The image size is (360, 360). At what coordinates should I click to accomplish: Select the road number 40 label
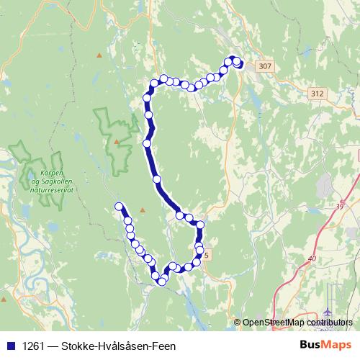(312, 258)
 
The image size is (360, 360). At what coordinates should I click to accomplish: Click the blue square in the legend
(8, 346)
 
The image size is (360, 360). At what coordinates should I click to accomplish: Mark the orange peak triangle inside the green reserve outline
(115, 141)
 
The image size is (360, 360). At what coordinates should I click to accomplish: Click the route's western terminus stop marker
(119, 207)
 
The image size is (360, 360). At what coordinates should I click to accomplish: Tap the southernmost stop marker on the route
(162, 282)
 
